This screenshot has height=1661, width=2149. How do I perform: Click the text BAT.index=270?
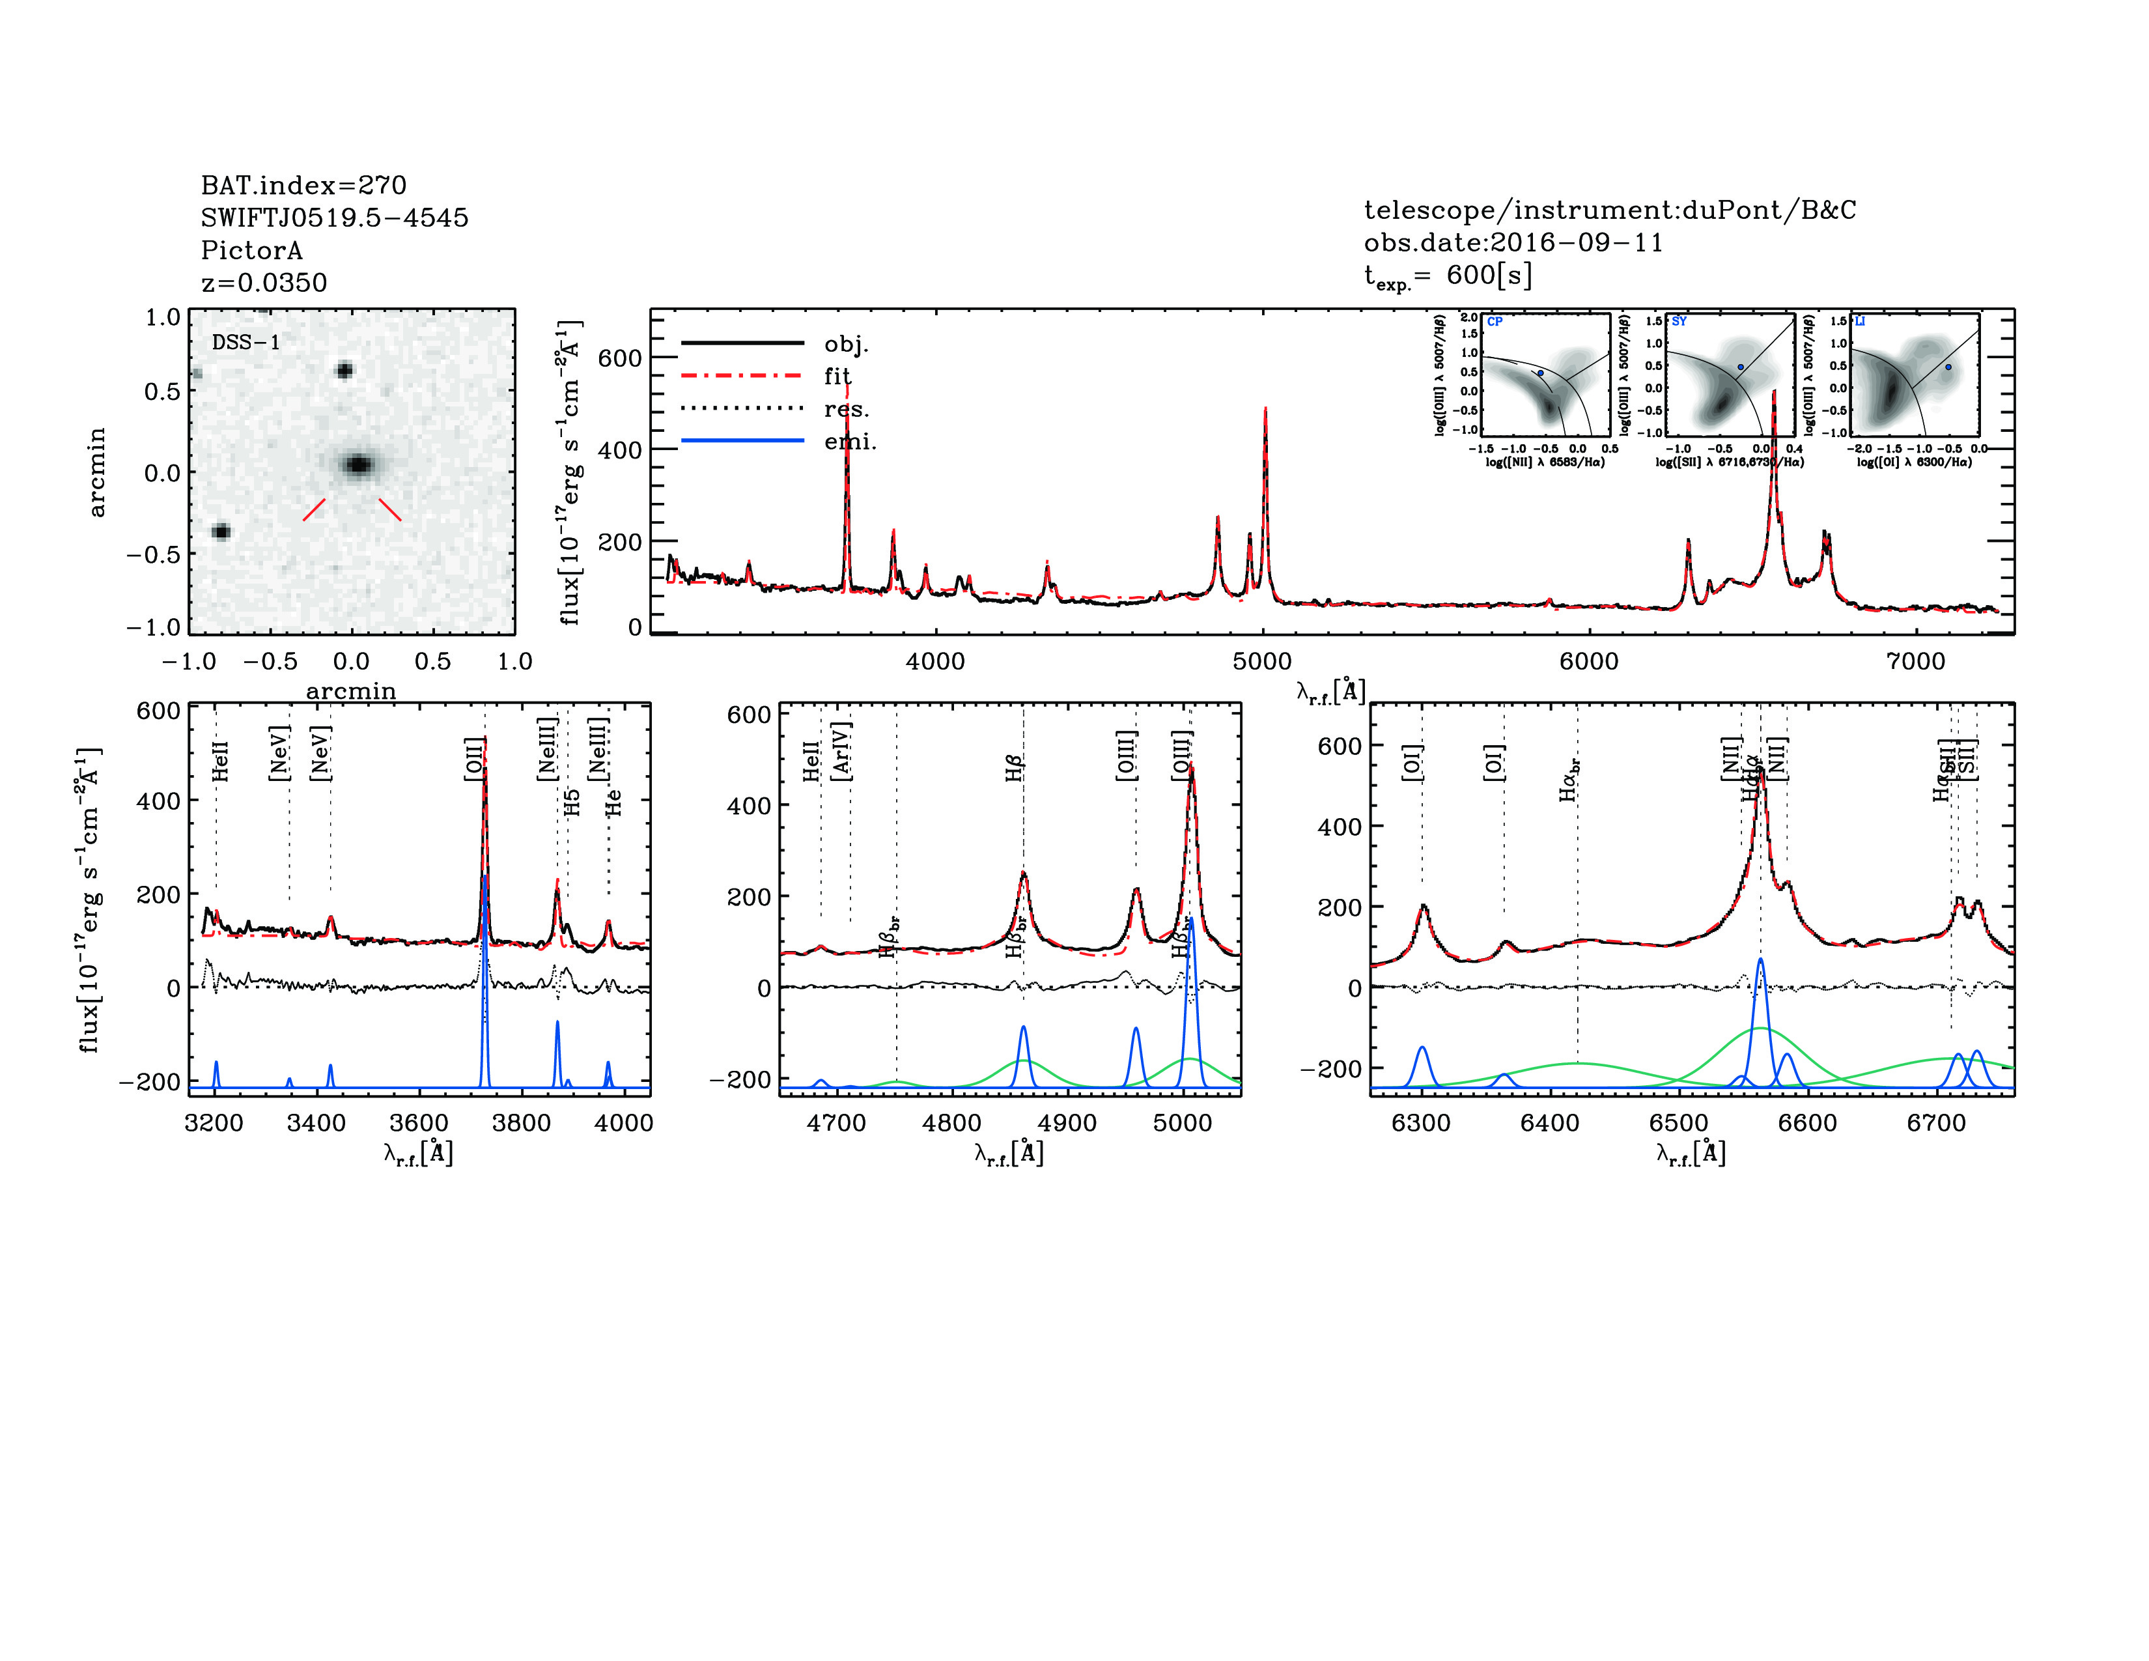tap(303, 185)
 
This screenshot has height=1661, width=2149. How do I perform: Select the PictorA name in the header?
tap(252, 250)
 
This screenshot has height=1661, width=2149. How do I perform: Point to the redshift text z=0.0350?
tap(264, 283)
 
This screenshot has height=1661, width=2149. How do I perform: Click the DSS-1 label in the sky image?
tap(246, 343)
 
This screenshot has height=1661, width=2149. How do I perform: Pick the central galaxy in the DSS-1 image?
tap(358, 464)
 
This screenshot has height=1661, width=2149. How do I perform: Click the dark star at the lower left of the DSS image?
tap(221, 532)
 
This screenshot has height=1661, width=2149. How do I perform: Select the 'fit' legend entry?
tap(837, 376)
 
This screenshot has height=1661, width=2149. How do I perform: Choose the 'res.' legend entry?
tap(846, 408)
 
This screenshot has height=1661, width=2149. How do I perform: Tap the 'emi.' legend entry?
tap(850, 441)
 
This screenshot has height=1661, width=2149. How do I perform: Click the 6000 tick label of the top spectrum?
tap(1588, 661)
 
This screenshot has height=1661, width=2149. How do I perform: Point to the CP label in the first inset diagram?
tap(1495, 322)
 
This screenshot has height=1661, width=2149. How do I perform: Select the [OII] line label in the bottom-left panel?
tap(474, 758)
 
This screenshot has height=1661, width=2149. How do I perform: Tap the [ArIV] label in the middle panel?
tap(841, 751)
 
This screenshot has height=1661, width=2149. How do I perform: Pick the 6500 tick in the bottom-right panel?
tap(1679, 1123)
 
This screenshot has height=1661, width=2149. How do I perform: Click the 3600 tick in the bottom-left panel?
tap(419, 1123)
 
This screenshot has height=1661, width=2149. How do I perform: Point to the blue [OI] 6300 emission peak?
tap(1422, 1049)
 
